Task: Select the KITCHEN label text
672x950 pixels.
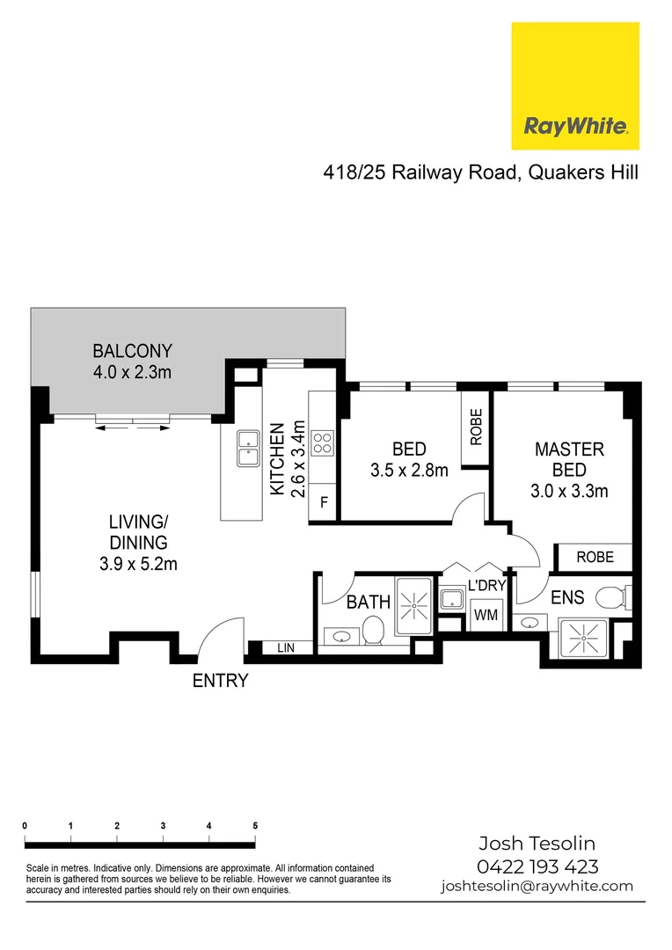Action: coord(276,459)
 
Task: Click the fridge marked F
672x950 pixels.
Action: coord(324,504)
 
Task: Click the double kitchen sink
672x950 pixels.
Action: coord(245,449)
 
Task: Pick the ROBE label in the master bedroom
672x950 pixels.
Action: coord(594,557)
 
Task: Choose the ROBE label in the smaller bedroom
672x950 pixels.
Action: coord(476,427)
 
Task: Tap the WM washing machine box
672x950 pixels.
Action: coord(486,616)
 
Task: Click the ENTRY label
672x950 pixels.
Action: coord(221,680)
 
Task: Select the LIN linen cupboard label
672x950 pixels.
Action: coord(286,648)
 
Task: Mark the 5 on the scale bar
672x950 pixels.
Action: coord(255,826)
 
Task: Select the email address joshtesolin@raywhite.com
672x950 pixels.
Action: coord(537,886)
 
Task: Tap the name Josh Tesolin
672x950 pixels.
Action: coord(537,843)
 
